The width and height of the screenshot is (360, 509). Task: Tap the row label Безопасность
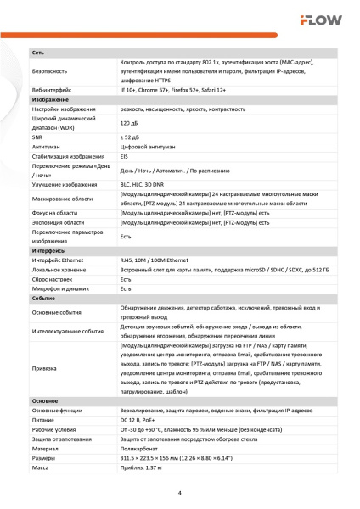51,71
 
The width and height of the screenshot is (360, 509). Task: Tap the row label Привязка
47,368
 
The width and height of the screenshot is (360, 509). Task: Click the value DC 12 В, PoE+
142,420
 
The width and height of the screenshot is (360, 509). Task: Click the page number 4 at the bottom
180,493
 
